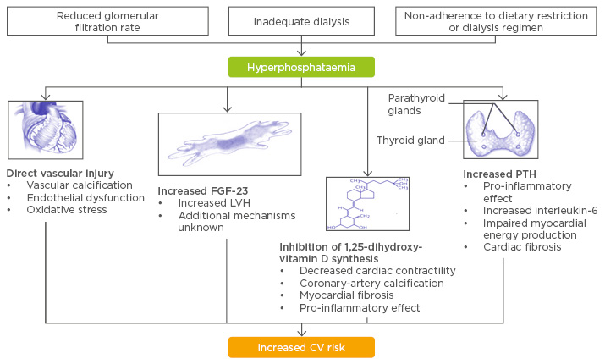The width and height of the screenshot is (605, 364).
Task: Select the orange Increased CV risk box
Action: [301, 347]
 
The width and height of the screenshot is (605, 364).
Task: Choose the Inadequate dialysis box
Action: [301, 21]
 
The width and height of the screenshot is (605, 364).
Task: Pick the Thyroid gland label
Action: [410, 141]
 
